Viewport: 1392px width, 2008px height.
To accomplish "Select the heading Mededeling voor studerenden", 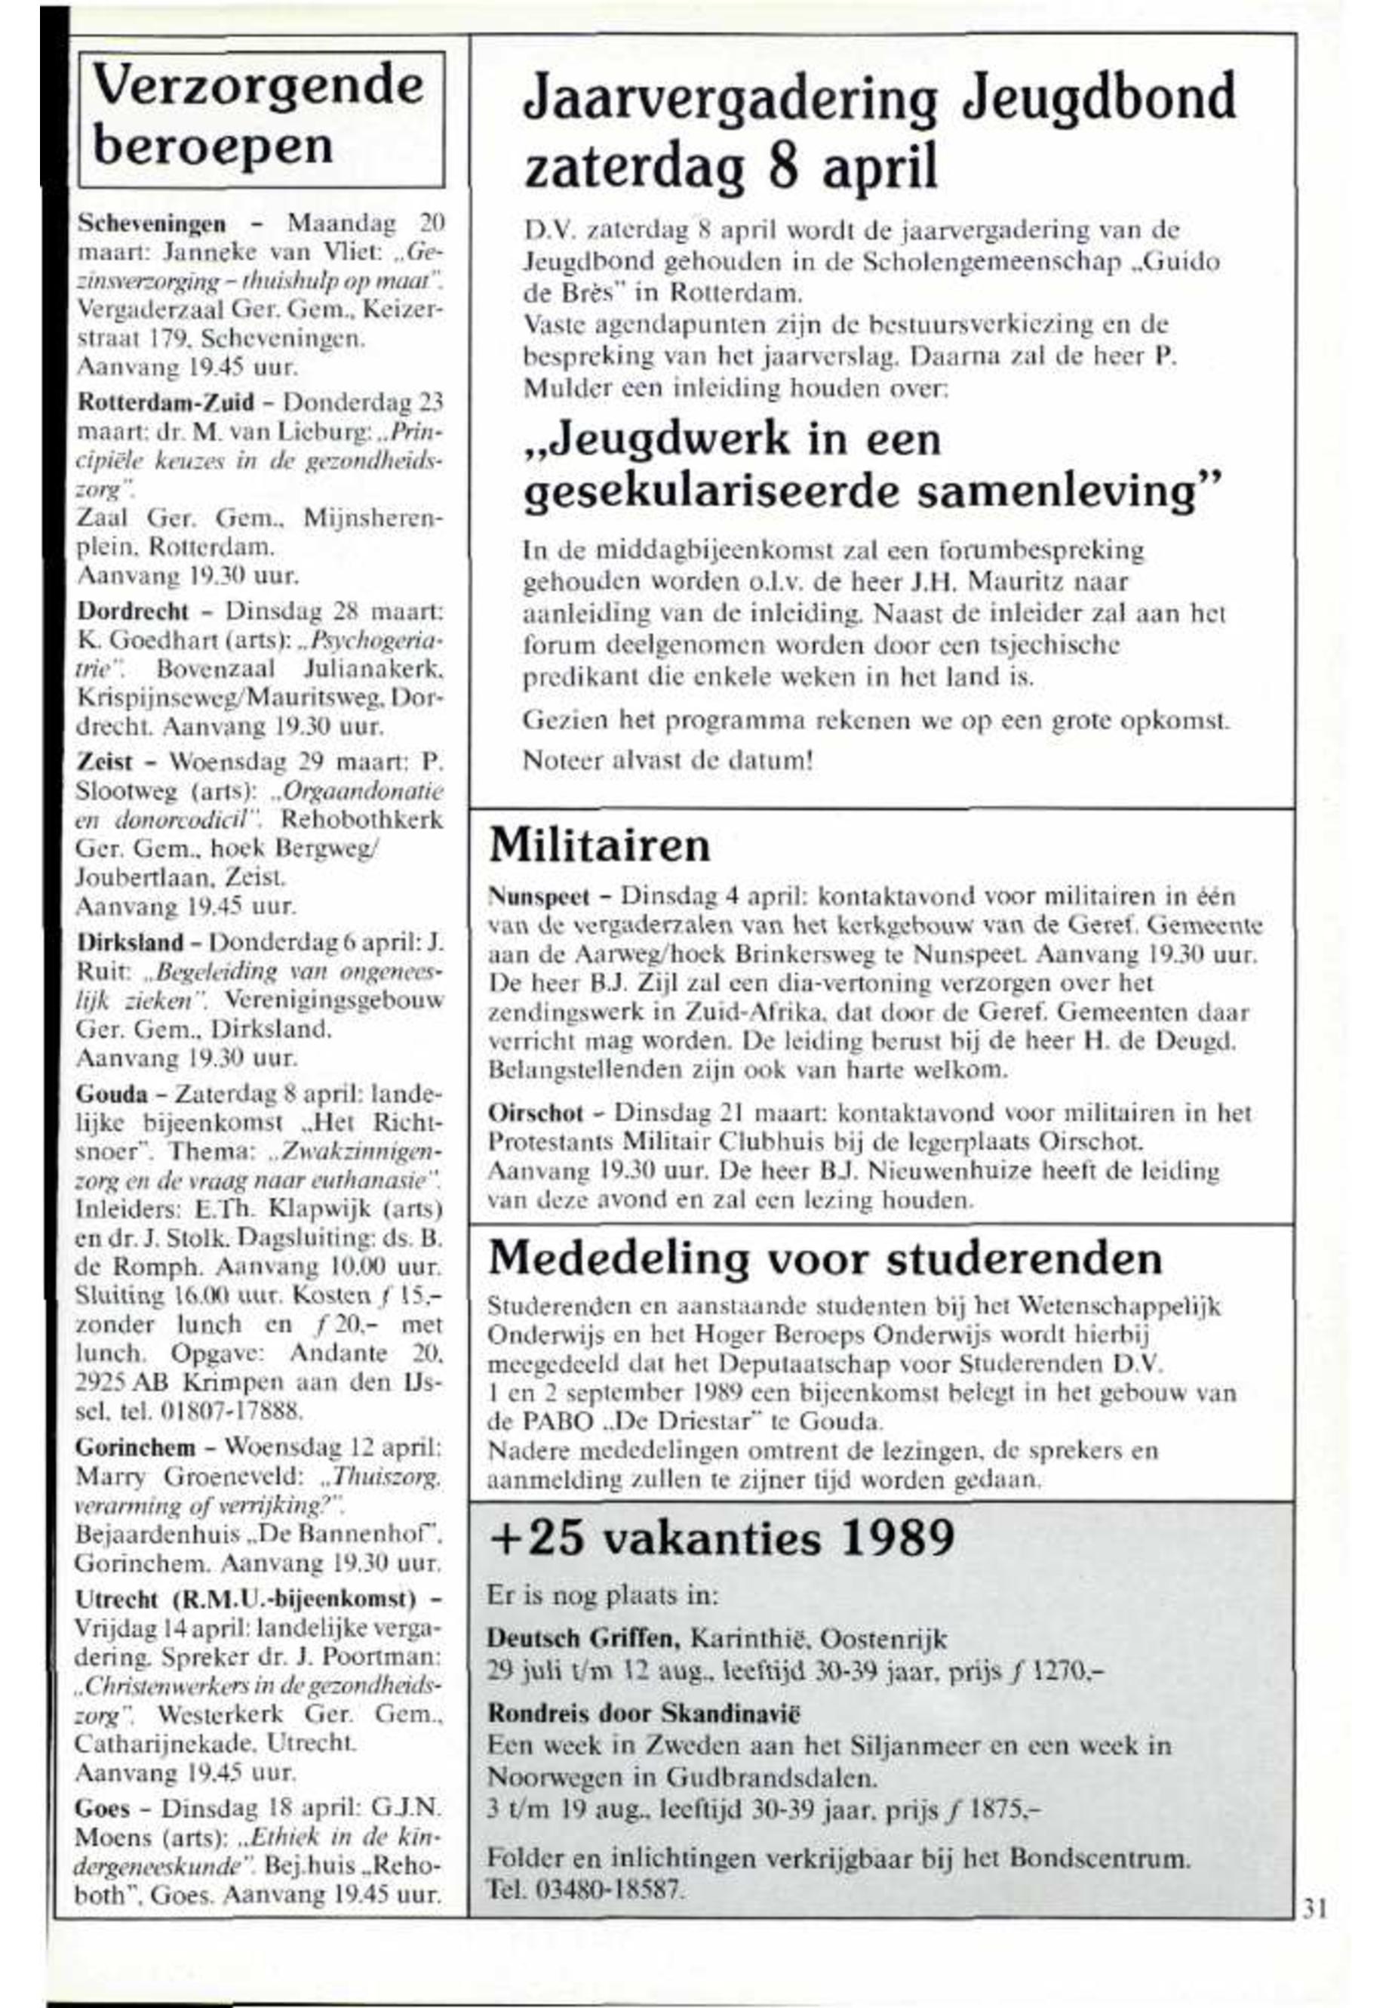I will (x=825, y=1258).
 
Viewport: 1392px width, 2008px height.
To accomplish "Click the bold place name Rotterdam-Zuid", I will (x=166, y=402).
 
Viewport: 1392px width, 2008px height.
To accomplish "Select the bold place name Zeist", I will (x=105, y=762).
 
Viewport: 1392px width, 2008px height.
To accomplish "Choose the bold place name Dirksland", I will (x=130, y=943).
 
